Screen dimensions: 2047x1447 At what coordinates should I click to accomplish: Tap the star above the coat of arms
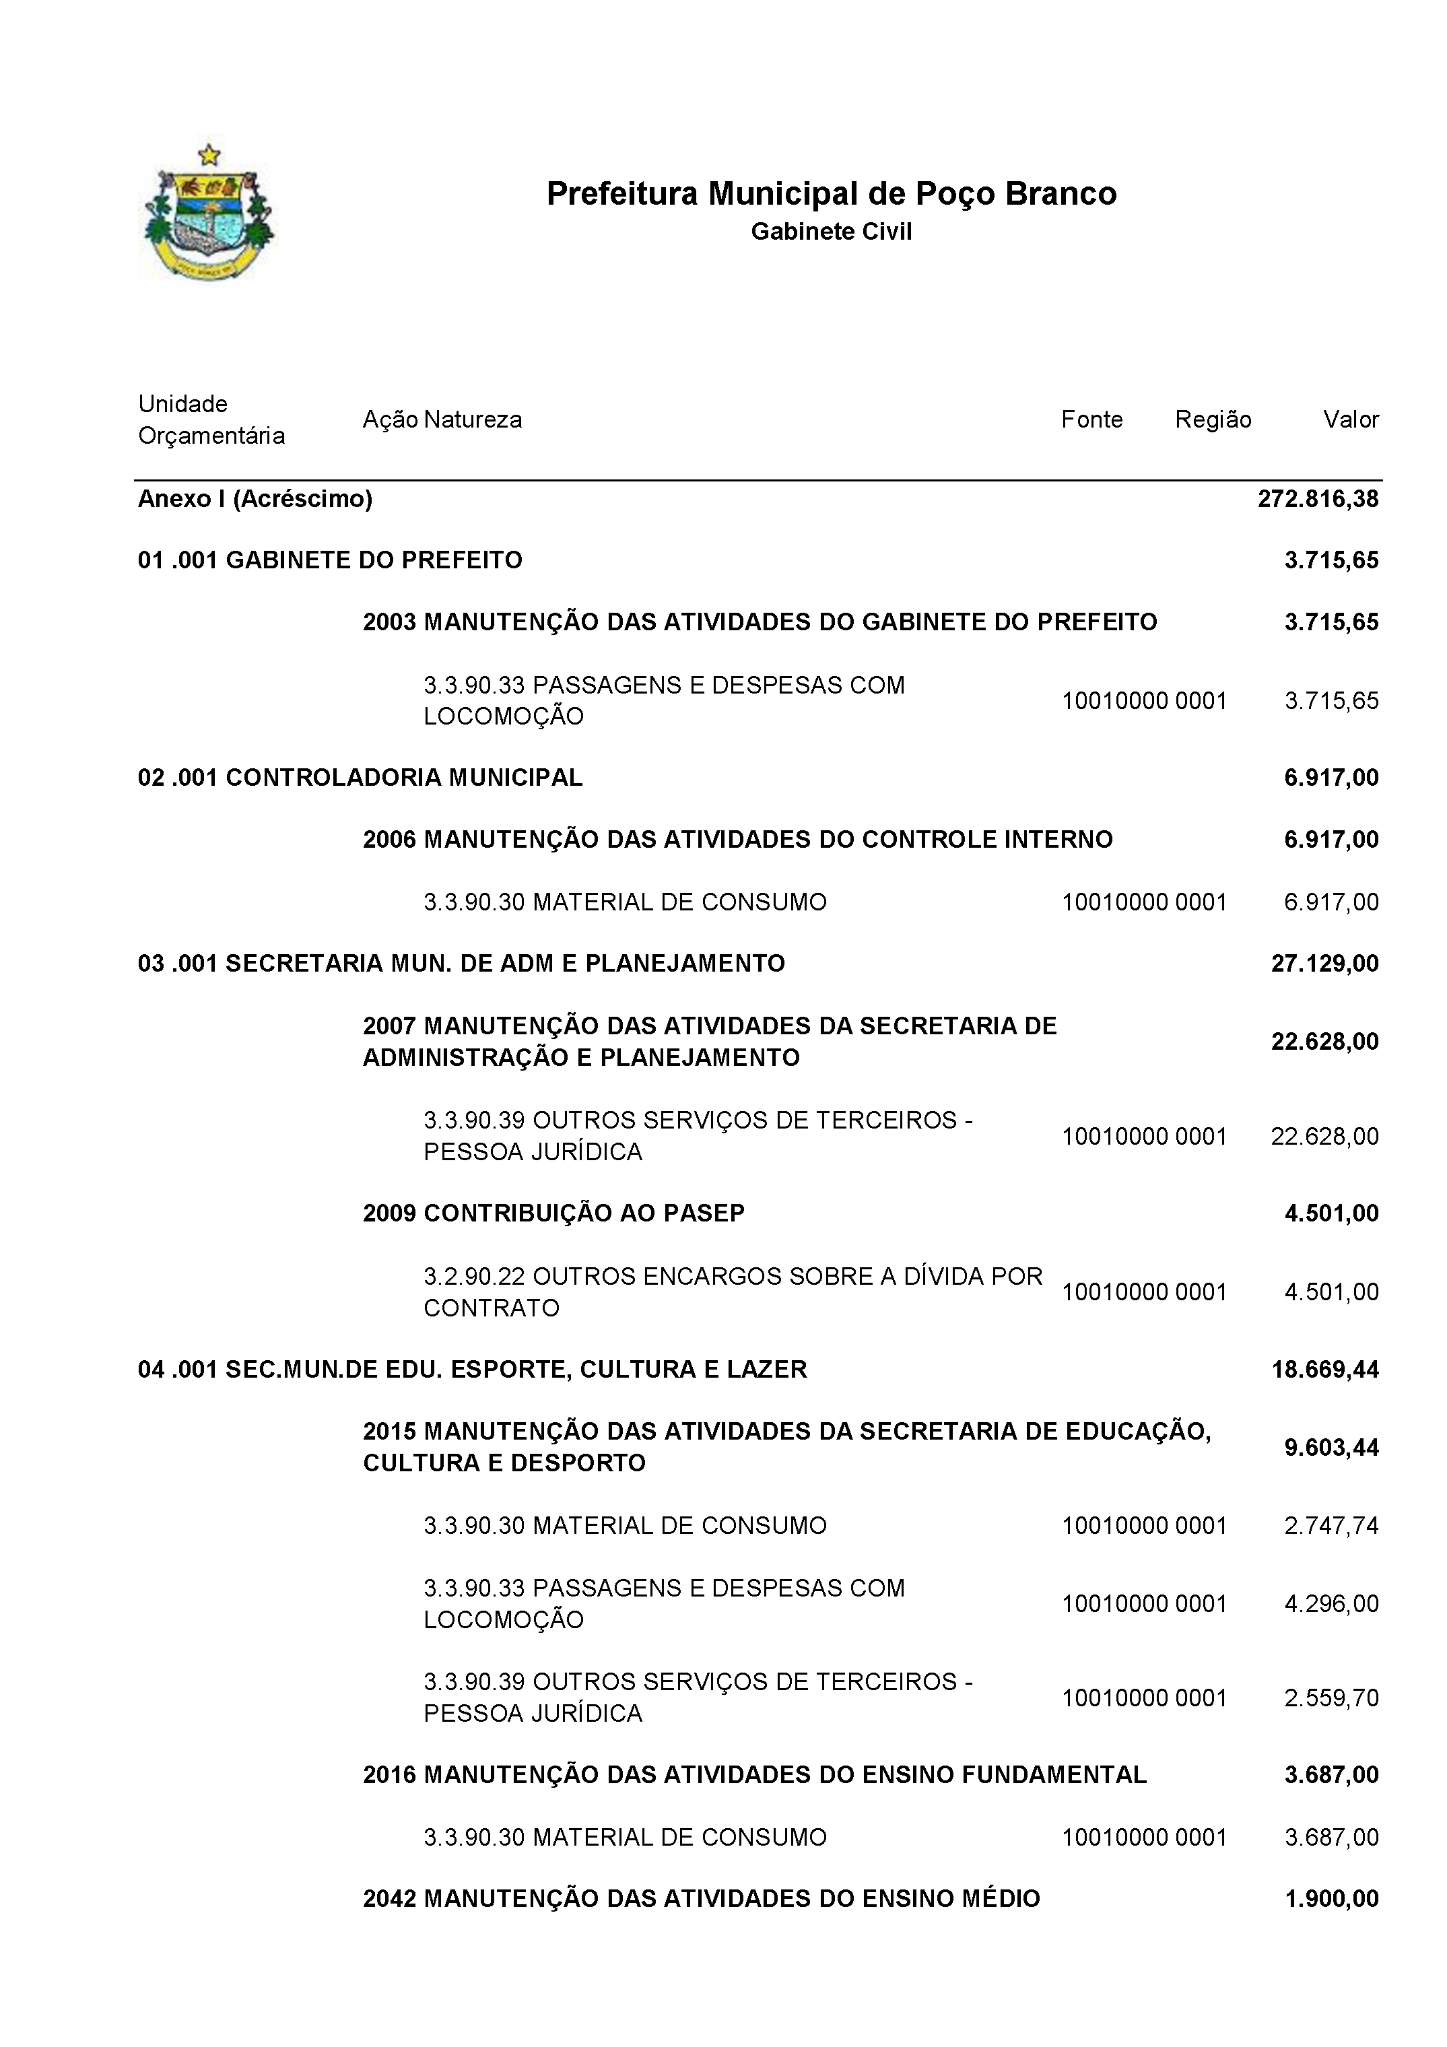209,155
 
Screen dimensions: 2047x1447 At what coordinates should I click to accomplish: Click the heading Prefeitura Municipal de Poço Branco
831,193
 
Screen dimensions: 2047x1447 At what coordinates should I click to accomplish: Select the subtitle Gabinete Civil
831,232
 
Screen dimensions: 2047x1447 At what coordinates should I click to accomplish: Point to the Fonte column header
1091,420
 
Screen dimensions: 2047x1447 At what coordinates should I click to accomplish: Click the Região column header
1213,420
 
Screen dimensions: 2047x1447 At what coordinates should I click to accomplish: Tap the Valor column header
1351,420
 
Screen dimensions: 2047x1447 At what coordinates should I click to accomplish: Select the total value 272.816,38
1318,499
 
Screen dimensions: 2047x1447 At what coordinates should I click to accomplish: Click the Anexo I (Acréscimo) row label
255,499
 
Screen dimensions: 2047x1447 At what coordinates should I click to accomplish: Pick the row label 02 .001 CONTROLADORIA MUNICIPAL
360,778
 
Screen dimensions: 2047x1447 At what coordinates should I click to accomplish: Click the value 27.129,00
1325,964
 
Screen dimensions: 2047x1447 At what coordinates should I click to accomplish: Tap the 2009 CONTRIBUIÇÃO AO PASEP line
553,1213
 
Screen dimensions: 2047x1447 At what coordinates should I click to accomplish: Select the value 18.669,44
1325,1370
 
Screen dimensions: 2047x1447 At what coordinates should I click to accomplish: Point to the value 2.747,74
1331,1525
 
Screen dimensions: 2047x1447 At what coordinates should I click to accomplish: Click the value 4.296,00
1331,1604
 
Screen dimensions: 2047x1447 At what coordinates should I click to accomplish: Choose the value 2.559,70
1331,1698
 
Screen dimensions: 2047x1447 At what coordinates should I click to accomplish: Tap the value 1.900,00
1331,1899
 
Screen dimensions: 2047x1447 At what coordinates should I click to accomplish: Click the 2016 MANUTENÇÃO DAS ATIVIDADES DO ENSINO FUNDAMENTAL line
754,1775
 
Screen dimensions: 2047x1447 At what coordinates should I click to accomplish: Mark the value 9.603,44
1331,1447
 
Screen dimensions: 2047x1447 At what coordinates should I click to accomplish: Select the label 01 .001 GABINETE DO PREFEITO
330,561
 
